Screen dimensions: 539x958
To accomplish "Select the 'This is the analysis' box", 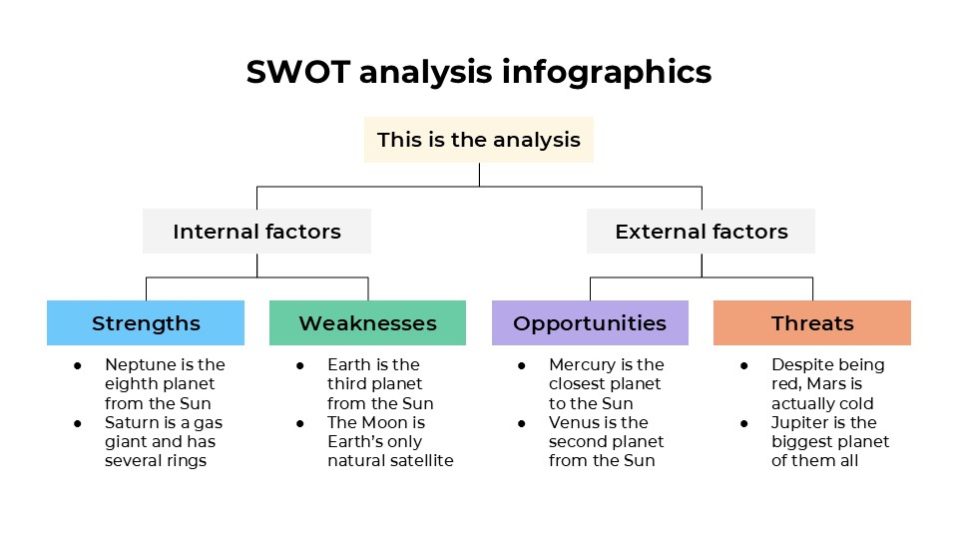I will coord(479,140).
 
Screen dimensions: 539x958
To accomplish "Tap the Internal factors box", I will coord(256,232).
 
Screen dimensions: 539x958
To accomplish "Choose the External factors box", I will coord(701,232).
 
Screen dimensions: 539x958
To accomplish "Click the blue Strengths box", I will coord(146,323).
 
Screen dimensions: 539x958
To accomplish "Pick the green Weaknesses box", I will coord(367,323).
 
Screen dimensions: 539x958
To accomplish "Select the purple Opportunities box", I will coord(590,323).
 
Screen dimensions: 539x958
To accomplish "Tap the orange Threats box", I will coord(812,323).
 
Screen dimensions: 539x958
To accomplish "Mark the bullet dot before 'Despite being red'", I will coord(744,365).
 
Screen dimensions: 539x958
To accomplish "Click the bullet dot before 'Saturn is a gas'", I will coord(78,423).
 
